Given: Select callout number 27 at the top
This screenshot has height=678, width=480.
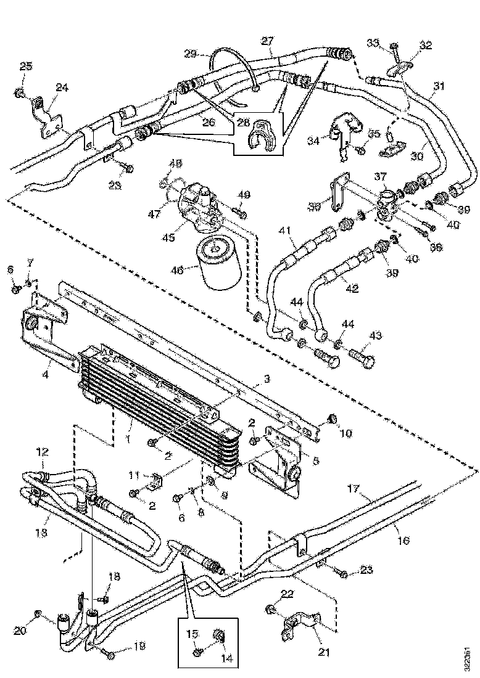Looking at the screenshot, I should click(267, 42).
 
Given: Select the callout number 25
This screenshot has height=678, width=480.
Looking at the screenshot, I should click(25, 66).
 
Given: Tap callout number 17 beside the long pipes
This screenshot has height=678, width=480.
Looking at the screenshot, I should click(353, 491).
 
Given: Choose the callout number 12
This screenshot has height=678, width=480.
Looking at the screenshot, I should click(41, 453).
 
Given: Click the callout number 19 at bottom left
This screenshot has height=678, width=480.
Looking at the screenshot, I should click(139, 647).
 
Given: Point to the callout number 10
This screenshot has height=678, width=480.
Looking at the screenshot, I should click(345, 433).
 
